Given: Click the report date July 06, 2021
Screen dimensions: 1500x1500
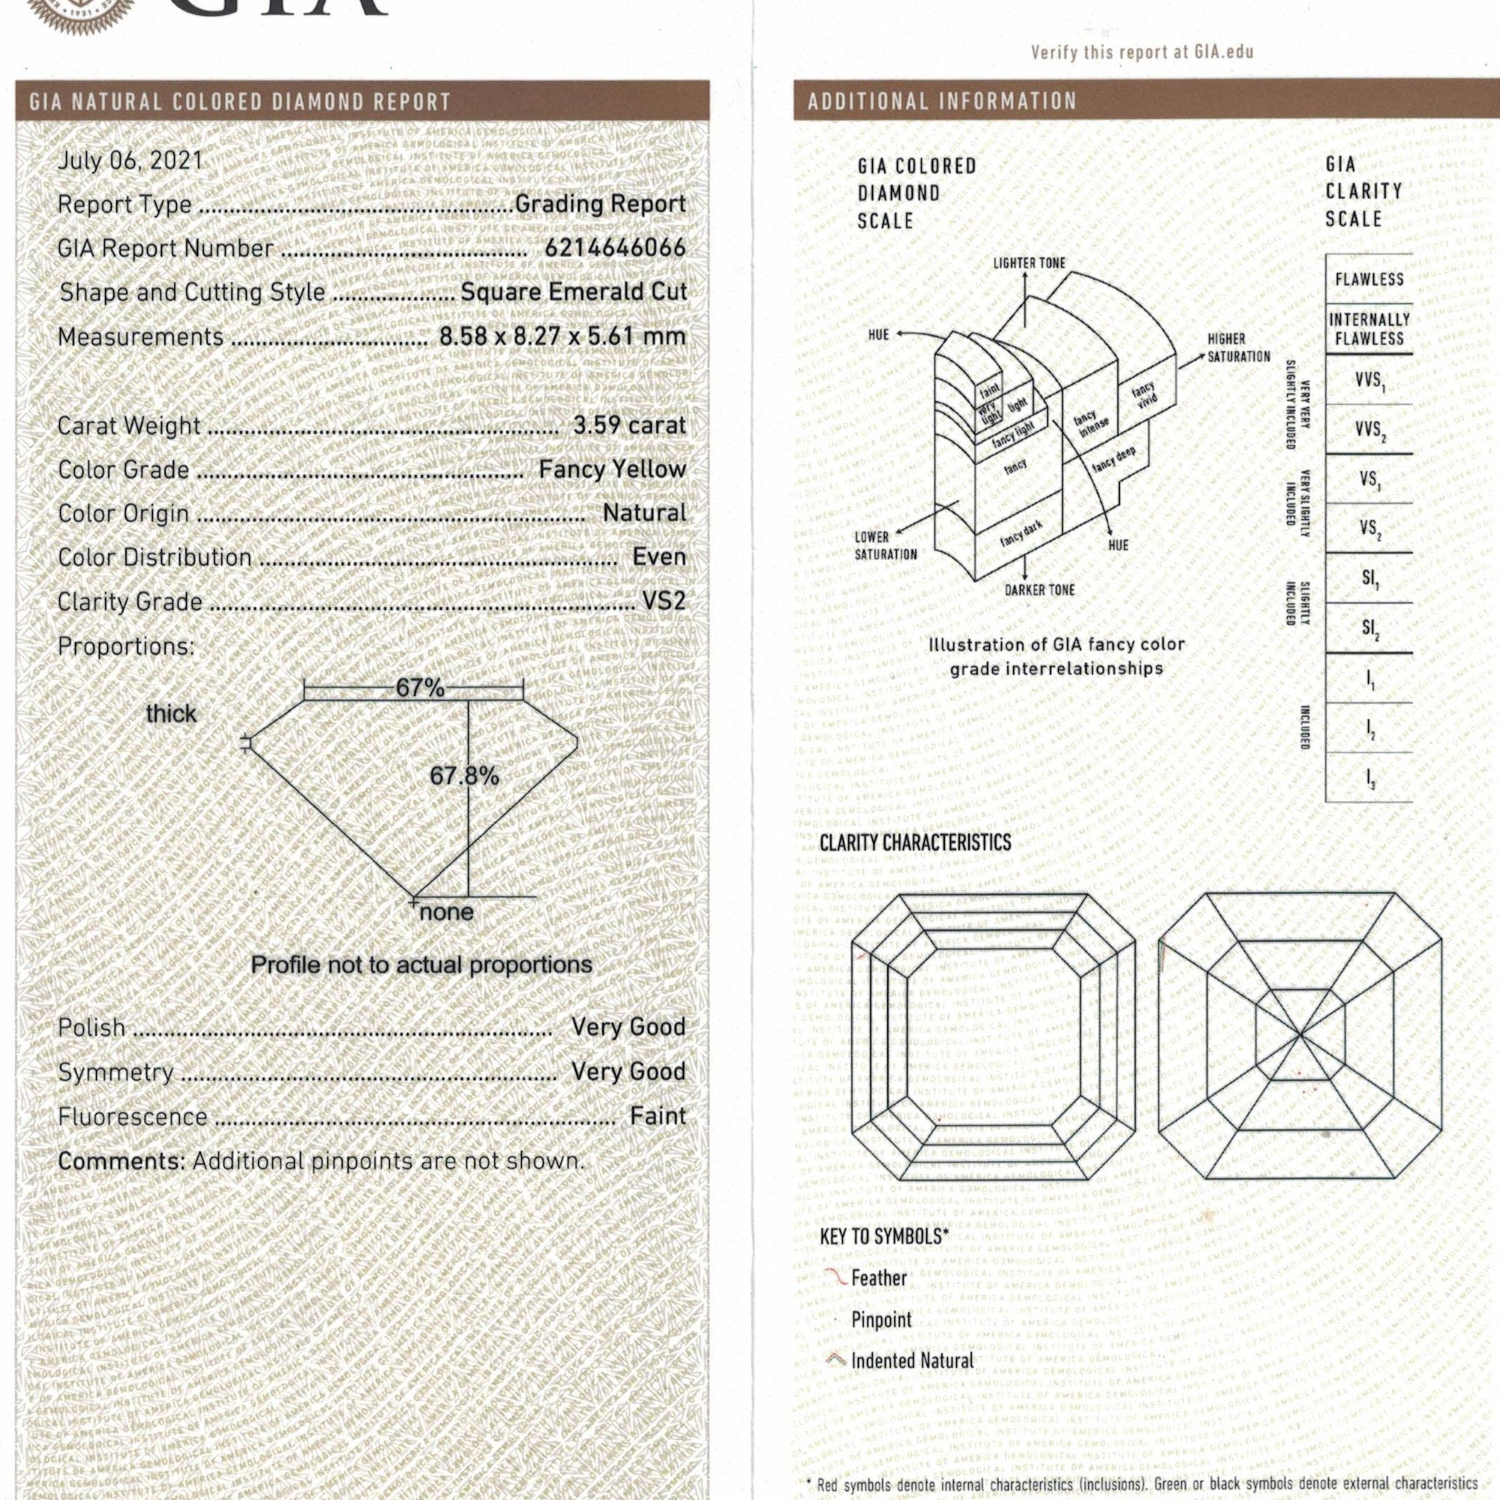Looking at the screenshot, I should [x=130, y=160].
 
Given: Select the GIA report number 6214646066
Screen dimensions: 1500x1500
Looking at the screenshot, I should [x=615, y=248].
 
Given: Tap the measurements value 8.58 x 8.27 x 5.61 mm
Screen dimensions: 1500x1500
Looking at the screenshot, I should [x=562, y=336].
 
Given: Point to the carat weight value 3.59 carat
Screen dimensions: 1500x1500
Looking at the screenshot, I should [x=629, y=425].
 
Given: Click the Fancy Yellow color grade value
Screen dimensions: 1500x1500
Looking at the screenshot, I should [x=612, y=469].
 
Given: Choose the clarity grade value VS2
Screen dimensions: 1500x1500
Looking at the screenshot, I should [x=663, y=601].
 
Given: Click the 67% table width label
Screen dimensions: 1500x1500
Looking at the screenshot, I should [x=419, y=688].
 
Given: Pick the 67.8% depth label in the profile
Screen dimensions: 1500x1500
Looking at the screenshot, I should [x=464, y=775].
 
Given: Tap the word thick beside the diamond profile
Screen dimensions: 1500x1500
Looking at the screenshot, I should [x=171, y=714].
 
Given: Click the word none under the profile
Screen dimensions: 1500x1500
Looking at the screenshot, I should [x=445, y=912].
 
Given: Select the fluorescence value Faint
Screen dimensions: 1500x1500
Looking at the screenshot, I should [x=658, y=1117].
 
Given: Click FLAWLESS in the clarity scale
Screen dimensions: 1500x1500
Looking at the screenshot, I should [x=1369, y=280].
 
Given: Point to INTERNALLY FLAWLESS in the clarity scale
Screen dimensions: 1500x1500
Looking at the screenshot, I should [x=1369, y=329].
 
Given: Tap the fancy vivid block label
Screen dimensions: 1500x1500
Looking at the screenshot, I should [x=1144, y=394].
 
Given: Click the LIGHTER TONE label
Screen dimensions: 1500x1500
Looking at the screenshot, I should [x=1029, y=264].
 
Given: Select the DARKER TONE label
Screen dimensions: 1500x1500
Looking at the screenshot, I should [x=1039, y=590].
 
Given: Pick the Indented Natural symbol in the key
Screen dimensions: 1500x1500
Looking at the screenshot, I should [x=836, y=1360].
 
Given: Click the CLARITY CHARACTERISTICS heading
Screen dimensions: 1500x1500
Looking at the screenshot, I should [x=914, y=843].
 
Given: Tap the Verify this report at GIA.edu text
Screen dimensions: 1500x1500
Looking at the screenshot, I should [x=1141, y=52].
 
